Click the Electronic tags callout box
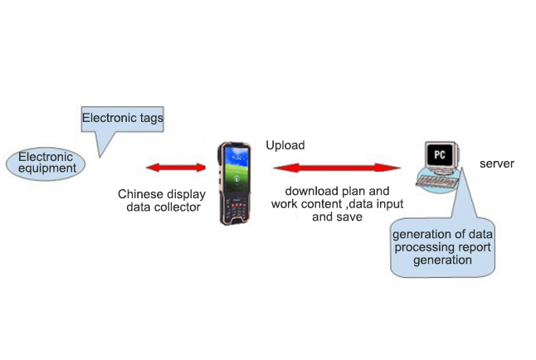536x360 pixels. (122, 119)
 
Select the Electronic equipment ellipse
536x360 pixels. (46, 163)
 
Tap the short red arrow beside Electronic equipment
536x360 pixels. (176, 168)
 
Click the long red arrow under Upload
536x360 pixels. (339, 168)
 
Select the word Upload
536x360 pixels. (285, 145)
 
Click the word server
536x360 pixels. (496, 163)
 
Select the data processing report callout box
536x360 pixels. (443, 247)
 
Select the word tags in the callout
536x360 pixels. (148, 119)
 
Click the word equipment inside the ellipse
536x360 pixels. (46, 168)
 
